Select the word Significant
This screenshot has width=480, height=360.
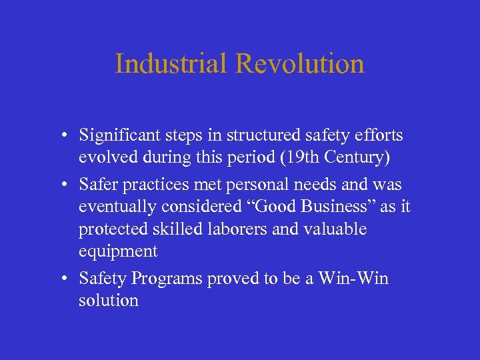click(x=117, y=135)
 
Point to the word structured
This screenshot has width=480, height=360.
click(x=257, y=135)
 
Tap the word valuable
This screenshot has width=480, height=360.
click(x=336, y=229)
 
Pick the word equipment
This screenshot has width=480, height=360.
click(x=118, y=251)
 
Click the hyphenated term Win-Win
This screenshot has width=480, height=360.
click(x=354, y=278)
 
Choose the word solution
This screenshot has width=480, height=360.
click(x=109, y=300)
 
